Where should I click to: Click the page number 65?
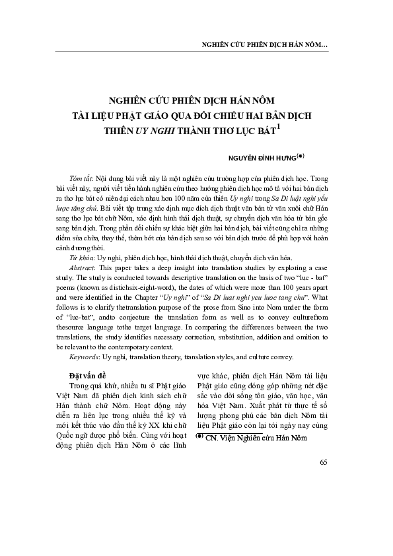[323, 516]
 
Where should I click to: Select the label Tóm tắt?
[81, 180]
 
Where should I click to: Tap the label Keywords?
[85, 357]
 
